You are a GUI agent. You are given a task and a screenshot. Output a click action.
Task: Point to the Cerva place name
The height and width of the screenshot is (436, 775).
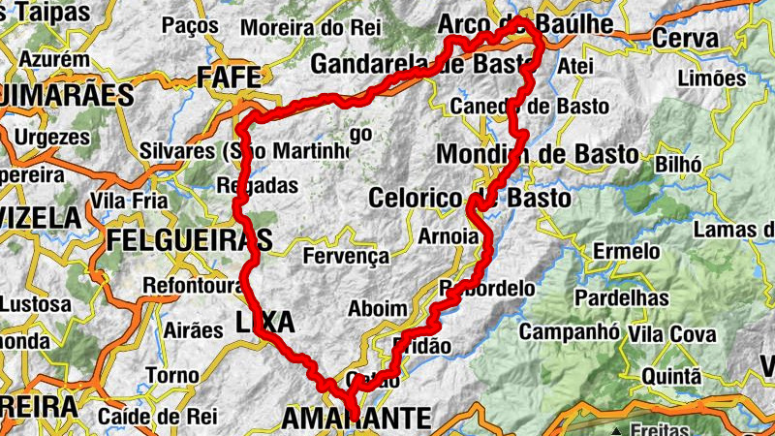(x=686, y=39)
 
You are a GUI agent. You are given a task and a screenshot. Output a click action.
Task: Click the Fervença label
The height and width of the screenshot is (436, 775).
(x=346, y=257)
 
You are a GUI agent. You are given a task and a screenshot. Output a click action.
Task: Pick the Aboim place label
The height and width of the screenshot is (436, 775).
(x=378, y=308)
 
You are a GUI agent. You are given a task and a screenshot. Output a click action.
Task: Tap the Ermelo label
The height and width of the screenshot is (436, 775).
(x=627, y=252)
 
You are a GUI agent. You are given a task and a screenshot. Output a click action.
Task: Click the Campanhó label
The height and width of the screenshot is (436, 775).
(x=570, y=331)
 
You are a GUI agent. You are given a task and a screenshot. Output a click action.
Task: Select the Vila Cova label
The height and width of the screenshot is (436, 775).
(x=672, y=334)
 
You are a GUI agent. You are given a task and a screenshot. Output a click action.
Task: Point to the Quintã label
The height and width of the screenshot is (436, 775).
(x=665, y=375)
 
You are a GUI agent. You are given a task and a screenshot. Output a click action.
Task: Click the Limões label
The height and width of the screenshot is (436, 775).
(x=713, y=78)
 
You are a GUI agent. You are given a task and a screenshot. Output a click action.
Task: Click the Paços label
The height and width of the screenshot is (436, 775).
(x=191, y=25)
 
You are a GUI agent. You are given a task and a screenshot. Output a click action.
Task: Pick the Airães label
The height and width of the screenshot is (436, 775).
(x=194, y=330)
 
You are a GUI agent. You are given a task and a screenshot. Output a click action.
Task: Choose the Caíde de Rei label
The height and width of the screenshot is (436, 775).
(x=151, y=417)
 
